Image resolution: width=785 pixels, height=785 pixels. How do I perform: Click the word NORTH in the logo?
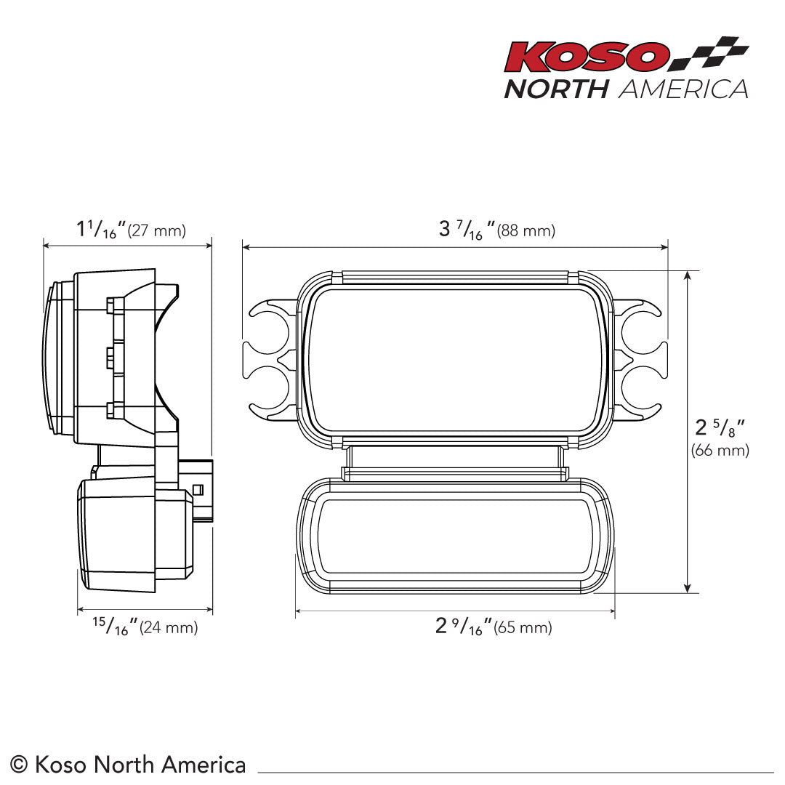(x=556, y=89)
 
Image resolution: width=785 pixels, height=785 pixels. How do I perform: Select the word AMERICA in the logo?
(x=683, y=89)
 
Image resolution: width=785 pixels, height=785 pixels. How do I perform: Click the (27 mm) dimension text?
(x=156, y=231)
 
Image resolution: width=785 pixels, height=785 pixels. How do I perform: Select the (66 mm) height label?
(x=720, y=450)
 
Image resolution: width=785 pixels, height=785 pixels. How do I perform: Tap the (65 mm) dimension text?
(x=523, y=627)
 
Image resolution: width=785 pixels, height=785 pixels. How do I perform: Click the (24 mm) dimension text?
(x=168, y=627)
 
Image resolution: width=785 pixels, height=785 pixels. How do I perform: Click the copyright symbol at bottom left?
(x=20, y=765)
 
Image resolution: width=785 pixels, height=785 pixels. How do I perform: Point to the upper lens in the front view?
(x=455, y=360)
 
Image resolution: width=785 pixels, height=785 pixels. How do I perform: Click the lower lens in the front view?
(x=455, y=536)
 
